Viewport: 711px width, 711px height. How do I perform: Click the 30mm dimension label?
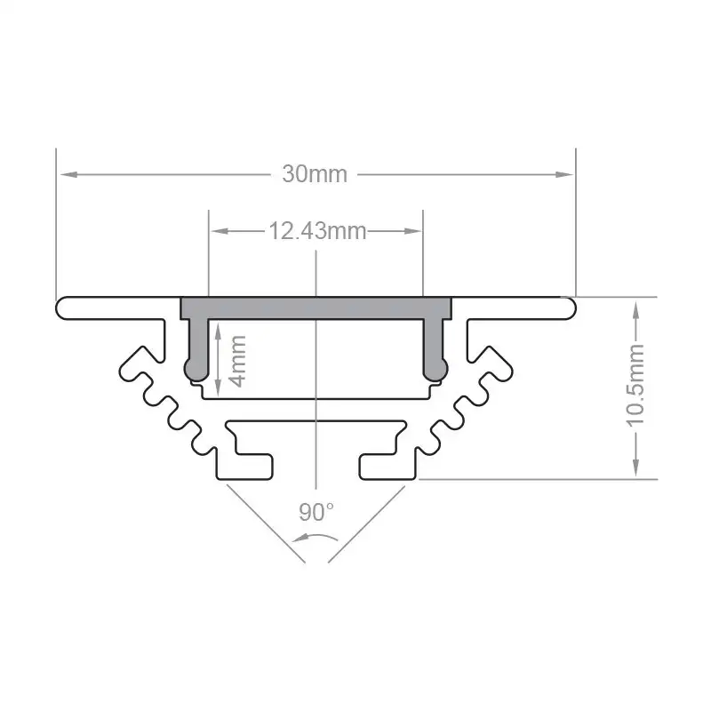click(x=315, y=174)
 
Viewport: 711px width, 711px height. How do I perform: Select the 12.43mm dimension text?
click(x=317, y=232)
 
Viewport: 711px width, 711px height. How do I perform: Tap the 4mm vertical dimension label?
click(x=237, y=360)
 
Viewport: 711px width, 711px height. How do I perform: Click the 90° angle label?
click(x=316, y=512)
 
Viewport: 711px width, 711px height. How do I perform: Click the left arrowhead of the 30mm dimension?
click(x=65, y=174)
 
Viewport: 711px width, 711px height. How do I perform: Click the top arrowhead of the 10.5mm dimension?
click(x=636, y=307)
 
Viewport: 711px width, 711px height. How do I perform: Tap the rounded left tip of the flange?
click(x=62, y=308)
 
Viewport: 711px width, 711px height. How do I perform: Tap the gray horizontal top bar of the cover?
click(x=316, y=308)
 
